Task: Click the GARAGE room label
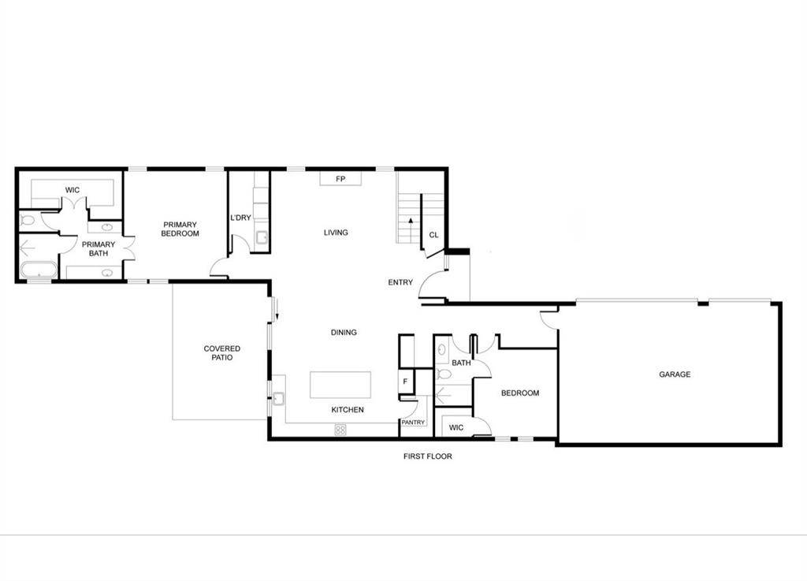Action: pos(675,374)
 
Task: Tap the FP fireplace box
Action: pos(340,179)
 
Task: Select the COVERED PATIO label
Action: pos(221,353)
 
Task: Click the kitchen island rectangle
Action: pos(340,385)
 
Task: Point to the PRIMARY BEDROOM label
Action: pos(180,229)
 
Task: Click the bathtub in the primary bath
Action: pos(38,272)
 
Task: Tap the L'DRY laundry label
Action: pos(240,218)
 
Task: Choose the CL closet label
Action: pos(433,235)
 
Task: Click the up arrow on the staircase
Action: pos(411,222)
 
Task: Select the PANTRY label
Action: pos(413,423)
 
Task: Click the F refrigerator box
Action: pos(405,382)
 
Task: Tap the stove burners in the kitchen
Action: pos(341,430)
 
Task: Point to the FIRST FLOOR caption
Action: pos(427,456)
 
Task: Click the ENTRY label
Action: pos(400,282)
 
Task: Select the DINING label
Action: pos(344,333)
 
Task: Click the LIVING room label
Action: pos(336,233)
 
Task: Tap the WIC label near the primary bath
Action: pos(73,190)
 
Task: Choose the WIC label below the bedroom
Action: pos(456,428)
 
